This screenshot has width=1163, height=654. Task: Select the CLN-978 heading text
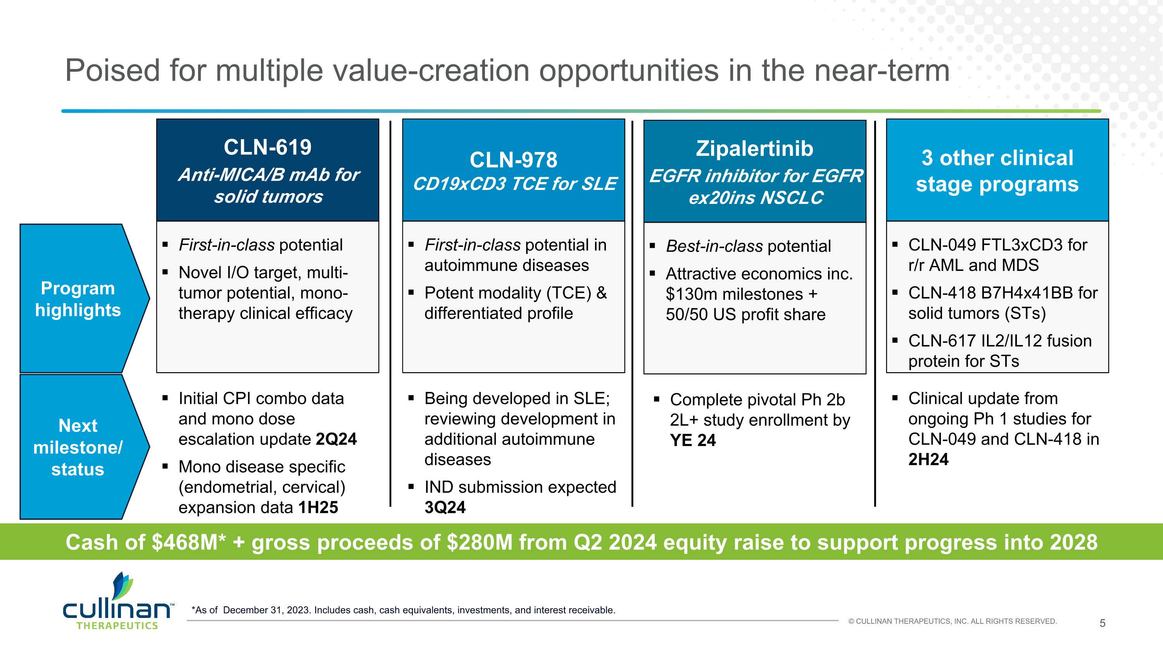[513, 160]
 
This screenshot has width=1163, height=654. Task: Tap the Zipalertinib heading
[754, 148]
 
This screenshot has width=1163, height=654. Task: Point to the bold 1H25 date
[318, 508]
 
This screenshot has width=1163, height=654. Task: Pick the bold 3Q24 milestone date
[445, 508]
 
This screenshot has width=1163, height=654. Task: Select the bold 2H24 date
[928, 459]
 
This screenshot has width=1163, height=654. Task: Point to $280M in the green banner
[480, 542]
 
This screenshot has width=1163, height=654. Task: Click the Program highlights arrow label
[78, 299]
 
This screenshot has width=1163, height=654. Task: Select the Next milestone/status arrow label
[78, 447]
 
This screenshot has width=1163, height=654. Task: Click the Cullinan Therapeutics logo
[117, 602]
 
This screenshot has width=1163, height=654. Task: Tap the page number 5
[1102, 623]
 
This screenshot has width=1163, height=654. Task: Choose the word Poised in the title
[112, 71]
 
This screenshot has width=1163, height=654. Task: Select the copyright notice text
[952, 621]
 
